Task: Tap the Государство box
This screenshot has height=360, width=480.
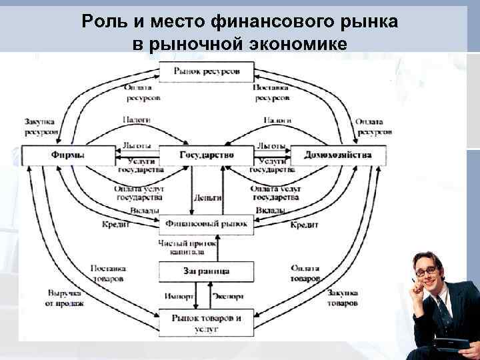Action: [207, 155]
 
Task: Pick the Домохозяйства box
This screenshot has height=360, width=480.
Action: [337, 155]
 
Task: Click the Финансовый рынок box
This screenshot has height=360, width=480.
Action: [207, 224]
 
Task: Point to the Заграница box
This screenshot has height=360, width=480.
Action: [207, 271]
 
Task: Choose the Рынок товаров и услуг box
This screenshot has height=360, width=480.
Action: [207, 323]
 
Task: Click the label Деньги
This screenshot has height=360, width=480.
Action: [207, 198]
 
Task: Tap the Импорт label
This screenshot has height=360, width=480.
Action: [179, 296]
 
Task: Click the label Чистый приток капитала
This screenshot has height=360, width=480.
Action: [187, 247]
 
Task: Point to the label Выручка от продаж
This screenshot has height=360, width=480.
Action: [65, 298]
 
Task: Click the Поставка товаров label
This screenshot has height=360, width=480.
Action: [108, 272]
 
